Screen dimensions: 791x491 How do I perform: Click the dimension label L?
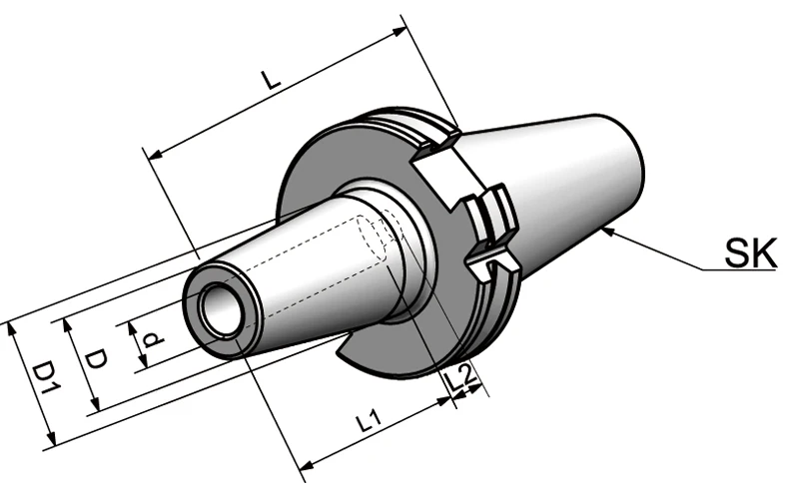[272, 80]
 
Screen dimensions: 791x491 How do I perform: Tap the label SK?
[751, 253]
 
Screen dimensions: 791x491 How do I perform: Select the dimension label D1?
[47, 377]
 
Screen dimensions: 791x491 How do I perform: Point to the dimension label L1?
[369, 422]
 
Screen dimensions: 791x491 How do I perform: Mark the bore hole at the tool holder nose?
[220, 309]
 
